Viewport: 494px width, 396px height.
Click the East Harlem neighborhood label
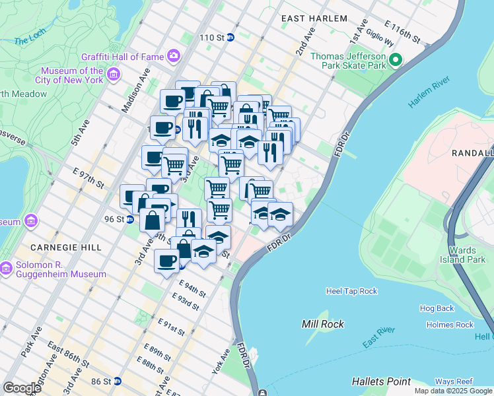pos(314,18)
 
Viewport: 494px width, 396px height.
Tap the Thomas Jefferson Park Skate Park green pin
pos(396,61)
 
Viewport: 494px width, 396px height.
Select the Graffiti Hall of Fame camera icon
pos(174,56)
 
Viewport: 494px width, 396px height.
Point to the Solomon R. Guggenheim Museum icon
pos(6,269)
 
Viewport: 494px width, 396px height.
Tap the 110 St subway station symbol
pos(230,38)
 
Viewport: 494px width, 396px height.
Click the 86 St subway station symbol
pos(117,381)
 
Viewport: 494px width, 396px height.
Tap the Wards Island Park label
pos(467,255)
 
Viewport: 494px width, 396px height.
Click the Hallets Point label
pos(381,381)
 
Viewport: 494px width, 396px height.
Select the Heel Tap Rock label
pos(351,291)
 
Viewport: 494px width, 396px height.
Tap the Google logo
pos(22,387)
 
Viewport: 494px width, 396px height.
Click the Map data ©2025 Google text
pos(453,391)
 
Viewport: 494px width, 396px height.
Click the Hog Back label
pos(437,308)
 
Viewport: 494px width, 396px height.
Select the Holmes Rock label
pos(450,325)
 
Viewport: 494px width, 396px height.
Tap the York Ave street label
pos(220,362)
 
